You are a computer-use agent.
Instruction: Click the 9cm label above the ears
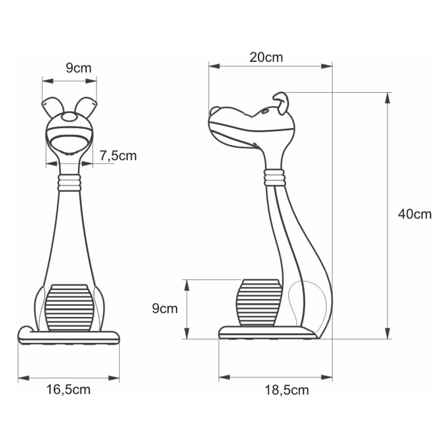[x=78, y=68]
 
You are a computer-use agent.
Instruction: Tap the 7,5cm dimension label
[x=118, y=155]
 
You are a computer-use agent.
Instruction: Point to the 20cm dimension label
[x=266, y=57]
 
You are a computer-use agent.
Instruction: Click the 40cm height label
[x=414, y=214]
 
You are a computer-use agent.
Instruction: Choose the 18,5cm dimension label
[x=287, y=390]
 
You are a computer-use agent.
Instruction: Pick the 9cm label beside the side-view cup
[x=165, y=309]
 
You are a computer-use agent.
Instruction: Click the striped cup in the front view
[x=69, y=307]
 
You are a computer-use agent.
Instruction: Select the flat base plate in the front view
[x=69, y=337]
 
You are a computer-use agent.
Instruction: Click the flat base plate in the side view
[x=265, y=333]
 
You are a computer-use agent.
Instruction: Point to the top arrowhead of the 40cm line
[x=388, y=96]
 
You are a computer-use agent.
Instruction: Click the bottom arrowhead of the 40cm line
[x=388, y=335]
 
